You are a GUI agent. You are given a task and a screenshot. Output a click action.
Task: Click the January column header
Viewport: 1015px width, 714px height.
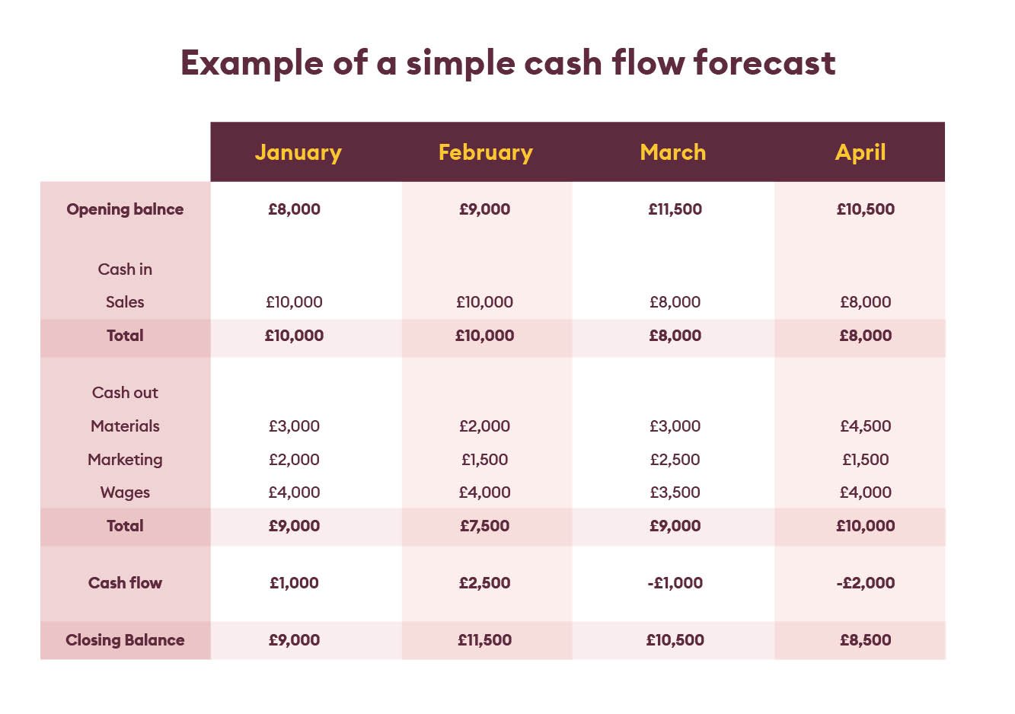pos(298,153)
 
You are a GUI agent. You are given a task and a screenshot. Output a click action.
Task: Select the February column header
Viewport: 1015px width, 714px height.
pos(486,153)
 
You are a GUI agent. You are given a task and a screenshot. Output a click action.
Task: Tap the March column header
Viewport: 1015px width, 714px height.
pos(673,152)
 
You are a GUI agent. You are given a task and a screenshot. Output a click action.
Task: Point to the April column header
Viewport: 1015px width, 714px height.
pos(860,153)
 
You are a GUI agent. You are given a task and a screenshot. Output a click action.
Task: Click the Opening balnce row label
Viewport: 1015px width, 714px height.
pos(125,209)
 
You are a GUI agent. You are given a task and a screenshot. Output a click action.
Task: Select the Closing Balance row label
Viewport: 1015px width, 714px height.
pos(125,639)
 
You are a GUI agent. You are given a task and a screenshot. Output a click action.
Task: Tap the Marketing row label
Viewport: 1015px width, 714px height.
pos(125,460)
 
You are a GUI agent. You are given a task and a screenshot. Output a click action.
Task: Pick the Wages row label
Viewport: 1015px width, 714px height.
pos(125,492)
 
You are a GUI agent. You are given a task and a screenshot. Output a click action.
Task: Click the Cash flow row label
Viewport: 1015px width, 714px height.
pos(125,582)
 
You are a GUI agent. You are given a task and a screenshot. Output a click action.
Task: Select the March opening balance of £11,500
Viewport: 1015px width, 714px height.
pos(675,209)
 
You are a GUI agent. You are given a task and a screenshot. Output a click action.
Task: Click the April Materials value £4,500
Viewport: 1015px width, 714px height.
pos(866,426)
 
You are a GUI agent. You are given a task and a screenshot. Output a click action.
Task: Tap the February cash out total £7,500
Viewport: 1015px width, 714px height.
pos(485,525)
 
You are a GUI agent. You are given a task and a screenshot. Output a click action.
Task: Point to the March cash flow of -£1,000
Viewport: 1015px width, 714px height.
pos(675,582)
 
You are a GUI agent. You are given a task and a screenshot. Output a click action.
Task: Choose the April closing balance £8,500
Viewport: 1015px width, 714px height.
pos(866,639)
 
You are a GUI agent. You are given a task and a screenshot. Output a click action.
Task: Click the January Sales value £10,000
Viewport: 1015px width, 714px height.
pos(294,301)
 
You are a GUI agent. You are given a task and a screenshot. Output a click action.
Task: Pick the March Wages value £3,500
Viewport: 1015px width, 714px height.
pos(675,492)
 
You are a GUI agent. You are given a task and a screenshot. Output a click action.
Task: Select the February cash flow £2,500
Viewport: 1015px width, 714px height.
pos(485,582)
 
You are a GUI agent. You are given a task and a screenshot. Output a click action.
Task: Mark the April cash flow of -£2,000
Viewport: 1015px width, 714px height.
pos(866,582)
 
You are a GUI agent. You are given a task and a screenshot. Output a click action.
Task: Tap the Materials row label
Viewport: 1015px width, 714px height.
pos(125,426)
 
